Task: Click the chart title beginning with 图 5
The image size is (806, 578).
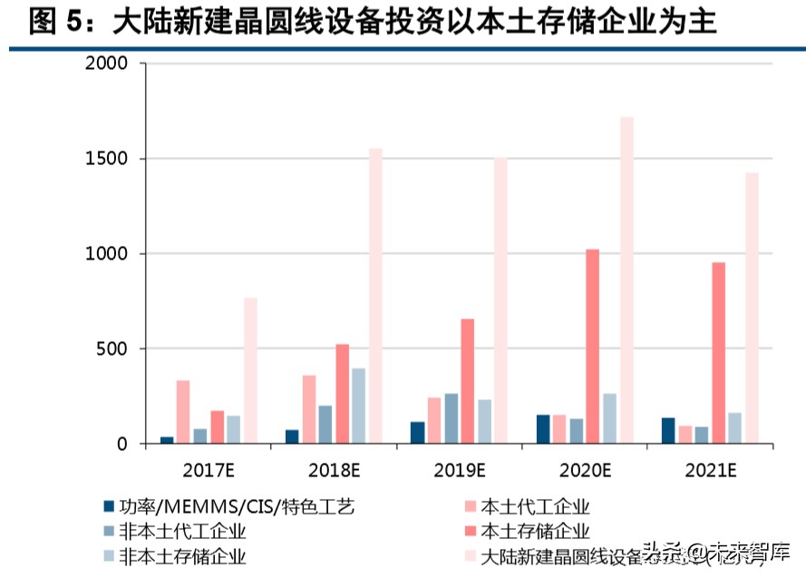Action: click(372, 22)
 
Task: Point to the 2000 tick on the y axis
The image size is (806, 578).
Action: click(106, 64)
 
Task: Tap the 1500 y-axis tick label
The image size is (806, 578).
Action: click(106, 160)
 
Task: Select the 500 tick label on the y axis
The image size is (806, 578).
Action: click(112, 349)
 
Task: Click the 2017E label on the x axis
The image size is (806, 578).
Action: click(208, 470)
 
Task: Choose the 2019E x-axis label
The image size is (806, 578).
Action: click(459, 470)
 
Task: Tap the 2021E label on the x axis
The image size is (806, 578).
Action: click(710, 470)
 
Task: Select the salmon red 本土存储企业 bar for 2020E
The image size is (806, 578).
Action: click(593, 346)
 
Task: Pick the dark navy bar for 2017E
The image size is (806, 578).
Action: click(167, 440)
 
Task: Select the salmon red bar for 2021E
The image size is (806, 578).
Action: click(718, 353)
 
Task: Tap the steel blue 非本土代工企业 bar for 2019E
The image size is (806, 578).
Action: click(451, 418)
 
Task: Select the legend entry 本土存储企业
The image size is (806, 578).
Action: click(535, 532)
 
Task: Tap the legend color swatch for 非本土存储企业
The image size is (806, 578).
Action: click(109, 555)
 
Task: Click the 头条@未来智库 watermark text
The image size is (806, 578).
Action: click(716, 551)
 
